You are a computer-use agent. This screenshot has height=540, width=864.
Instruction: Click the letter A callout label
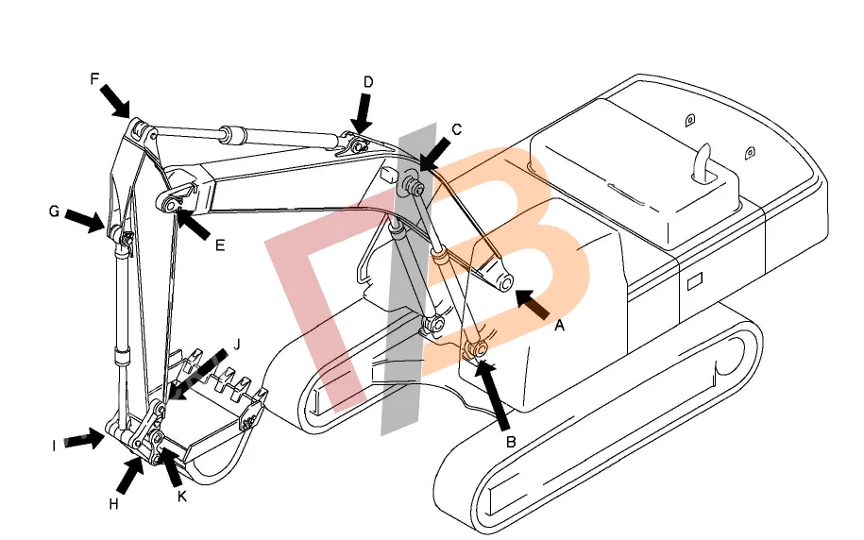[559, 326]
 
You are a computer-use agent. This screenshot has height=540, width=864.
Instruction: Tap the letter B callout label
[511, 442]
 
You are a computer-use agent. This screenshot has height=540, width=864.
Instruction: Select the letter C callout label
[456, 130]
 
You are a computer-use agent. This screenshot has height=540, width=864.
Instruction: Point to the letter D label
[368, 82]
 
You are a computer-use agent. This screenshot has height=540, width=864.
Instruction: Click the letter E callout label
[220, 245]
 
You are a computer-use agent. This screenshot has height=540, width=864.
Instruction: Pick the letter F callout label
[94, 78]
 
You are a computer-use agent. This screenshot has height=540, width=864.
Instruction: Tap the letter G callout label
[54, 211]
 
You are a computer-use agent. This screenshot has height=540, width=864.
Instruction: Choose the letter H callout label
[113, 504]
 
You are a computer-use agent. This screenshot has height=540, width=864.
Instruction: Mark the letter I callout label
[54, 446]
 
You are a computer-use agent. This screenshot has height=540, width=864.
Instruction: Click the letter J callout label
[238, 345]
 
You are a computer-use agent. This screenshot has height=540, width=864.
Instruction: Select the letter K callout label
[182, 497]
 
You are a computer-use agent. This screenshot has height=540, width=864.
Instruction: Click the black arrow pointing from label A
[533, 304]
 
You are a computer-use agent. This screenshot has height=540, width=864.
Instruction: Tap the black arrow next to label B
[494, 394]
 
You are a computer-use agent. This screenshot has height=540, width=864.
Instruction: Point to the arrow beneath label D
[363, 113]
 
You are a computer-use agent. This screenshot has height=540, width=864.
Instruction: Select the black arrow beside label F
[116, 101]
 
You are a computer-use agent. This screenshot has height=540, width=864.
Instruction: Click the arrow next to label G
[85, 221]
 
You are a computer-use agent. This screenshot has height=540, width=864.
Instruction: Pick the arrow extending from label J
[197, 374]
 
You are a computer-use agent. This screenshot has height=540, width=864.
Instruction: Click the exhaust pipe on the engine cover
[703, 162]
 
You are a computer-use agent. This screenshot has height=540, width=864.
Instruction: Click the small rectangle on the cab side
[695, 281]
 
